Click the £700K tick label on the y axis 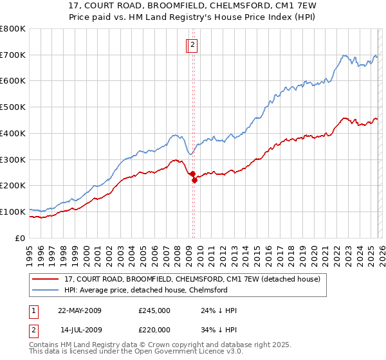pyautogui.click(x=13, y=55)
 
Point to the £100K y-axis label pyautogui.click(x=13, y=212)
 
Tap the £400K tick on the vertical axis pyautogui.click(x=13, y=133)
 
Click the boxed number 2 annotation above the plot pyautogui.click(x=193, y=45)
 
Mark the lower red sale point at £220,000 pyautogui.click(x=194, y=180)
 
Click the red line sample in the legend pyautogui.click(x=46, y=279)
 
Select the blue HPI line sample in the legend pyautogui.click(x=46, y=290)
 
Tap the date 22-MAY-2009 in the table pyautogui.click(x=80, y=310)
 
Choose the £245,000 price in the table pyautogui.click(x=154, y=310)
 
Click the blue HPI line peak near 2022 pyautogui.click(x=345, y=55)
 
